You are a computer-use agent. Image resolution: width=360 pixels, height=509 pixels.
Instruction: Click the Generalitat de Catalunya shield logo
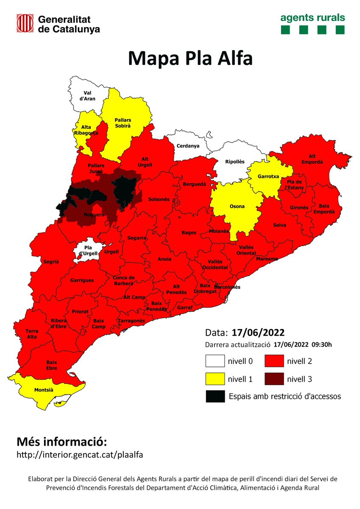coord(25,23)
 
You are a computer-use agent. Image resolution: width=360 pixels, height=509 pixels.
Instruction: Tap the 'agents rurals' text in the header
coord(313,18)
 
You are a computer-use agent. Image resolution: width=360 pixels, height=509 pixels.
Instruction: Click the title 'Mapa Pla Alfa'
coord(190,59)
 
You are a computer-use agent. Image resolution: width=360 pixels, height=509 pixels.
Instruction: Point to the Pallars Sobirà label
coord(123,123)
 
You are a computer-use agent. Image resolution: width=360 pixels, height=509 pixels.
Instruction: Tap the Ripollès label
coord(234,162)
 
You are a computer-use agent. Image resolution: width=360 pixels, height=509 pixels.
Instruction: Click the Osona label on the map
coord(237,207)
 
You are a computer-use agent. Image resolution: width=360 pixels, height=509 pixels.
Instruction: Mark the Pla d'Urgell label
coord(88,250)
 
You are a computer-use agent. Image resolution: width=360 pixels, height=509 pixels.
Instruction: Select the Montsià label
coord(44,389)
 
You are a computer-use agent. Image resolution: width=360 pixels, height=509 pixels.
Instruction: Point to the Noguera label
coord(94,215)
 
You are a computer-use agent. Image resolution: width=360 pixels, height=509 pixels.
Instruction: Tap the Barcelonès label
coord(227,287)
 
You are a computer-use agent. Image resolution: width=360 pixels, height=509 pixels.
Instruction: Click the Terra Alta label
coord(32,334)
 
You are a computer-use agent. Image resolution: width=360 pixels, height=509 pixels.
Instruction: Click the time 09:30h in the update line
coord(322,344)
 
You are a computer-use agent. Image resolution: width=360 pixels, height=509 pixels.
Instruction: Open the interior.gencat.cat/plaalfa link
coord(80,455)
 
